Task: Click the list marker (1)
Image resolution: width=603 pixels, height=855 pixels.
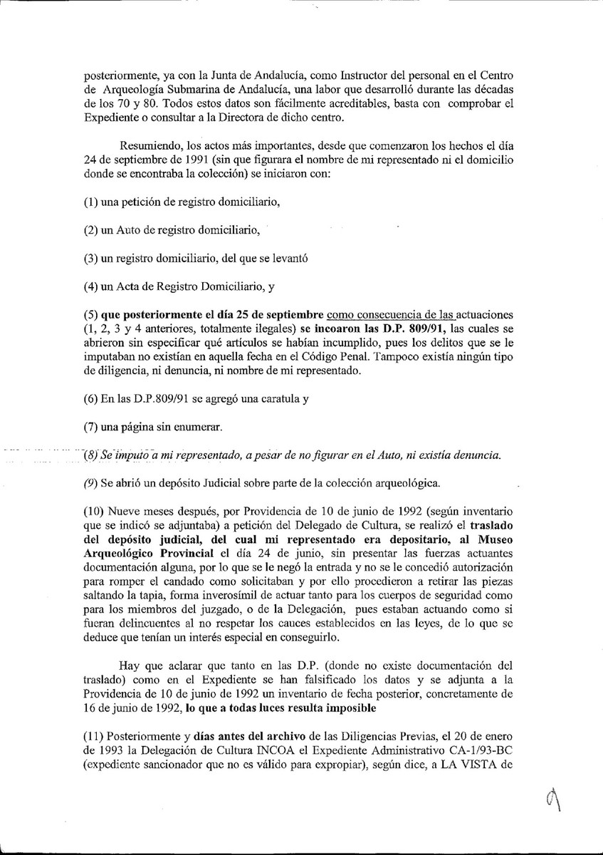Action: [x=90, y=202]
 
